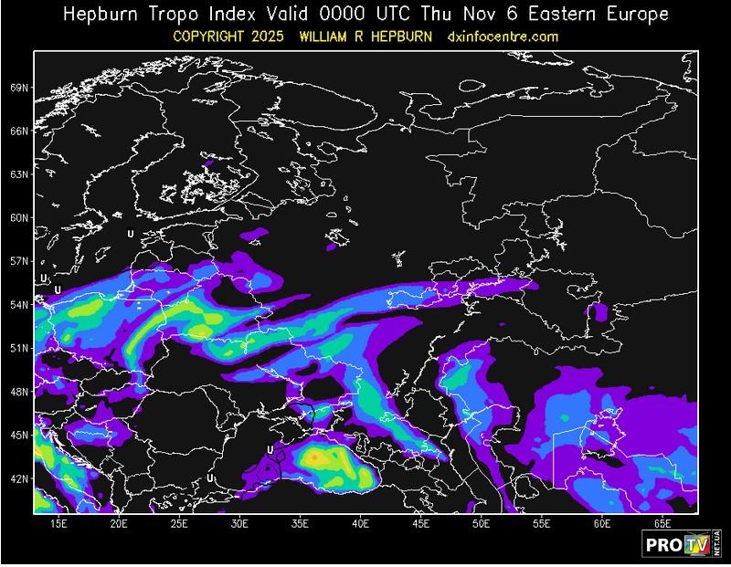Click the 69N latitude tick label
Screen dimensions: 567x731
(x=18, y=88)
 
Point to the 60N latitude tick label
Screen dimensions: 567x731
(x=18, y=218)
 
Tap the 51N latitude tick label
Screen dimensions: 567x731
(x=18, y=348)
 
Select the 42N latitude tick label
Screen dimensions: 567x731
(x=18, y=478)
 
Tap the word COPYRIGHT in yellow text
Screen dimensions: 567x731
(x=216, y=37)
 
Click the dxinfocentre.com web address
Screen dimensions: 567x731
(x=503, y=37)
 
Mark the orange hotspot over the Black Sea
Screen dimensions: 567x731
(x=315, y=456)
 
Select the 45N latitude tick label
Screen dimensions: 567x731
(x=18, y=435)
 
